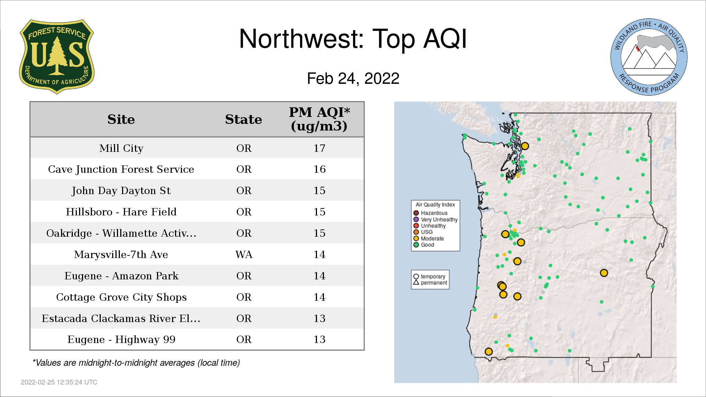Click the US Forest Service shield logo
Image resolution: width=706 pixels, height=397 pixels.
click(x=57, y=57)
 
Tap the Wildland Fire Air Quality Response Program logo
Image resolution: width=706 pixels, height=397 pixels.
click(x=649, y=57)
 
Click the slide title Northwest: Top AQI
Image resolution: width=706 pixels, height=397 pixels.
click(x=353, y=39)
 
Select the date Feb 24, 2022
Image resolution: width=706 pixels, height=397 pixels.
click(x=353, y=78)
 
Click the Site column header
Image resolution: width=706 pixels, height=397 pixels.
click(x=121, y=119)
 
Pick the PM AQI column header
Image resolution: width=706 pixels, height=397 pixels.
click(x=319, y=119)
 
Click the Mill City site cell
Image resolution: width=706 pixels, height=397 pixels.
click(x=121, y=148)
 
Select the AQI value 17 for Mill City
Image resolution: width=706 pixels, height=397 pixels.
click(x=319, y=148)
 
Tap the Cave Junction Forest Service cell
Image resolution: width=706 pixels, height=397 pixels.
click(x=121, y=169)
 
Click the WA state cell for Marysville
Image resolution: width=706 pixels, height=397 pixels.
click(x=244, y=254)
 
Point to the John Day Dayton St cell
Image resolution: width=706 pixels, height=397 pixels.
click(x=121, y=190)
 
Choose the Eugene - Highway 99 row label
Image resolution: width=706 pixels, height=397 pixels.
click(x=121, y=339)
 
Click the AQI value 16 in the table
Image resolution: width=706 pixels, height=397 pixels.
click(x=319, y=169)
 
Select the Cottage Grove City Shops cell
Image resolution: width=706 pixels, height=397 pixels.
click(x=121, y=297)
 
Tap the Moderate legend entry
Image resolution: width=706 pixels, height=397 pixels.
click(x=428, y=238)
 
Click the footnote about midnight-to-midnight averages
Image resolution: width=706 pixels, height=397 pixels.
click(x=136, y=363)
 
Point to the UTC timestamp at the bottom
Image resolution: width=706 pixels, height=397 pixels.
click(x=59, y=382)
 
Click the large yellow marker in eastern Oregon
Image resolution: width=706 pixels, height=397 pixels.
click(x=604, y=273)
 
